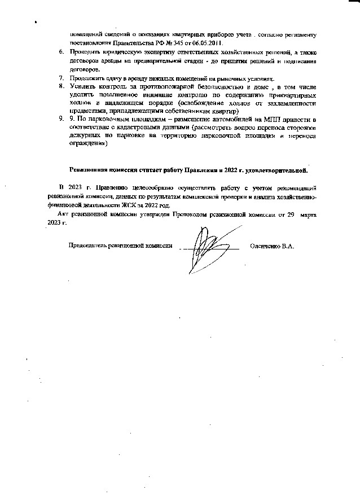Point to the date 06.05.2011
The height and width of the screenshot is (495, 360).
(x=205, y=43)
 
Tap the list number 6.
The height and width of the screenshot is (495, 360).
(x=63, y=52)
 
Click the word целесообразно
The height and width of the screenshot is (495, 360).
(x=146, y=186)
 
